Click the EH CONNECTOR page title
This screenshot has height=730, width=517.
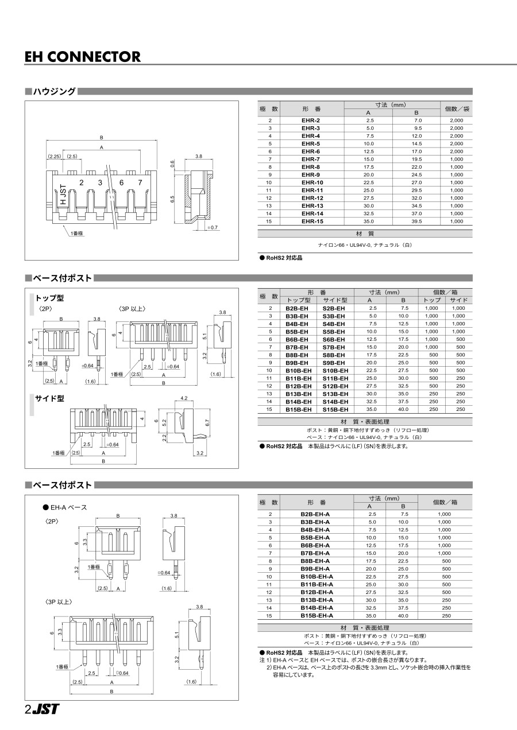click(83, 57)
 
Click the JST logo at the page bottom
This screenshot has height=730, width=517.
click(45, 709)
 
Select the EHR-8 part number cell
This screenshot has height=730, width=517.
click(311, 167)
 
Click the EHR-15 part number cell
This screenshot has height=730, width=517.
click(311, 222)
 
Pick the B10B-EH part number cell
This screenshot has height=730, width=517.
click(298, 371)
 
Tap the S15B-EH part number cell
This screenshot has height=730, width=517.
click(335, 410)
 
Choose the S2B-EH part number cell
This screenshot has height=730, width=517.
click(334, 308)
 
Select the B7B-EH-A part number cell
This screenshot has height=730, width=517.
click(315, 553)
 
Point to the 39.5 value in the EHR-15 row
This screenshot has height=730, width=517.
click(416, 222)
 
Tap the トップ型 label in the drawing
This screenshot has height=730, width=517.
click(49, 298)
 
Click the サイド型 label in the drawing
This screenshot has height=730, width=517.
click(49, 399)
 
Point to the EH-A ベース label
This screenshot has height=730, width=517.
click(68, 507)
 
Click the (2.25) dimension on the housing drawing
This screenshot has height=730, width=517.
click(55, 157)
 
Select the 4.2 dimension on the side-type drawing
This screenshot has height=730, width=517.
click(184, 398)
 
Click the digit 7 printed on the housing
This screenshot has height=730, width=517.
click(140, 182)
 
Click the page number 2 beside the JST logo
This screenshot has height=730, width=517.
click(28, 709)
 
